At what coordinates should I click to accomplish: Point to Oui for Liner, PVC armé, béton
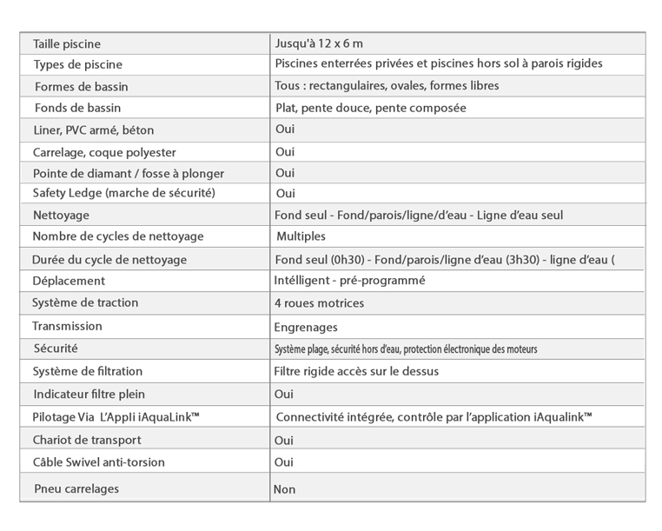pos(285,129)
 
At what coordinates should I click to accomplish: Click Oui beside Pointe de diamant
pos(285,173)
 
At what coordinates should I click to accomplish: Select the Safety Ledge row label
pos(123,192)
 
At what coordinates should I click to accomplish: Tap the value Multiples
pos(301,236)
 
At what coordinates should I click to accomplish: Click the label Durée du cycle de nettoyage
pos(109,259)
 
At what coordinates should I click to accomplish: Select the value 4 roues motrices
pos(319,303)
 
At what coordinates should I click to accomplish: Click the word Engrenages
pos(306,328)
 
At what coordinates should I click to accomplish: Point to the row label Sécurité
pos(56,348)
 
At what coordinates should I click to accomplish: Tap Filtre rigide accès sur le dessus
pos(356,372)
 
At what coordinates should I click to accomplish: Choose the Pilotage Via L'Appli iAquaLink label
pos(116,417)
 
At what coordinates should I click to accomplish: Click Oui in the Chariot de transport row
pos(284,440)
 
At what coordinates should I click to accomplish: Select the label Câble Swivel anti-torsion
pos(98,462)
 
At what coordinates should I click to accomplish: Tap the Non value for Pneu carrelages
pos(285,489)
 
